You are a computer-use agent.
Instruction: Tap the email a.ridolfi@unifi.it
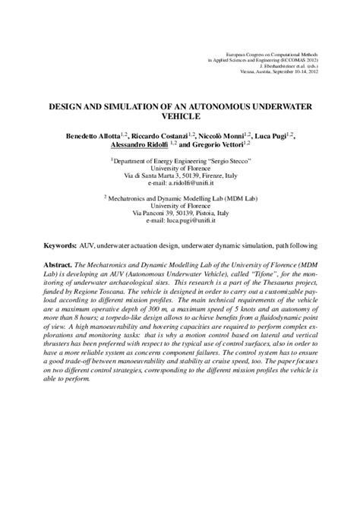point(180,185)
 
